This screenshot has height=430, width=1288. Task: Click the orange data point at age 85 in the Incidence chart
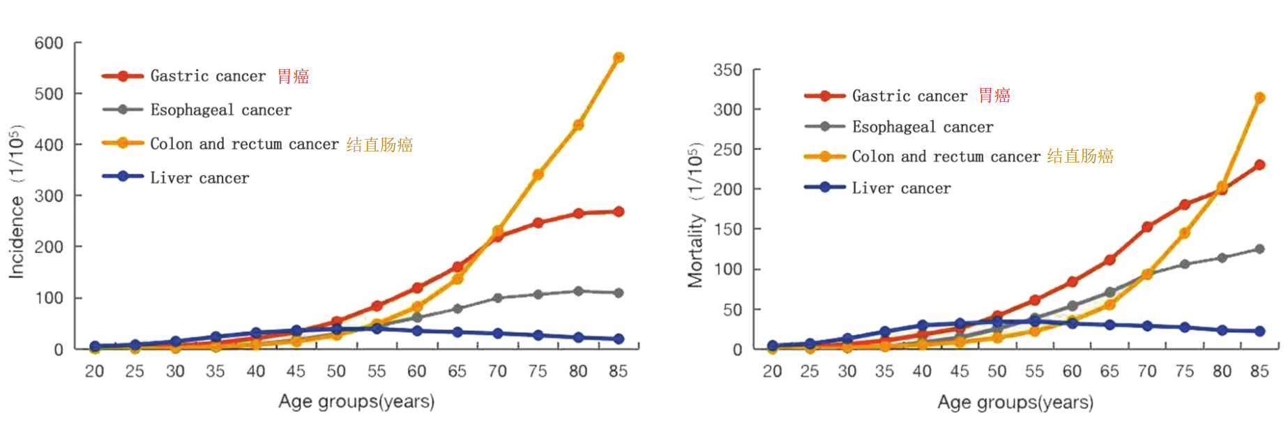click(618, 58)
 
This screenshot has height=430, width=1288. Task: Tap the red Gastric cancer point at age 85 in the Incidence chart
click(618, 212)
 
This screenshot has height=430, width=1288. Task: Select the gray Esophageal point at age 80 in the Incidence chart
click(578, 291)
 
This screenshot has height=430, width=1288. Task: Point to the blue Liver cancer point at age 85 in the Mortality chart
click(1259, 331)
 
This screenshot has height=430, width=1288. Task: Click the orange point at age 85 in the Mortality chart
click(1259, 98)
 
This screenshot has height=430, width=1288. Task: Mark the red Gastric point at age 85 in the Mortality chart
click(1259, 165)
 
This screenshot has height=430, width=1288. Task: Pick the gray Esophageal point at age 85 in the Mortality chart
click(1259, 249)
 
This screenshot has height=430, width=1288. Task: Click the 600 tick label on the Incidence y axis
click(49, 43)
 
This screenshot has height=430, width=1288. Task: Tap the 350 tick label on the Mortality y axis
click(727, 70)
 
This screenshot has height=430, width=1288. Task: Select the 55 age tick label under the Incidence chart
click(377, 371)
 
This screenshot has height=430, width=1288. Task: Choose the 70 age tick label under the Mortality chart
click(1147, 371)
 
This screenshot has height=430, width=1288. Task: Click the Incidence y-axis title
click(16, 202)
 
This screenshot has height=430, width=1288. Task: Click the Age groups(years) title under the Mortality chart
click(1015, 402)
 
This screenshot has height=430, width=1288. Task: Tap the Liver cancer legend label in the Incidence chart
click(199, 178)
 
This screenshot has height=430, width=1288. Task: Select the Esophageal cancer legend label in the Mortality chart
click(923, 127)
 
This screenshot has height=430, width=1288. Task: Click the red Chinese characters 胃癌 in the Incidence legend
click(293, 76)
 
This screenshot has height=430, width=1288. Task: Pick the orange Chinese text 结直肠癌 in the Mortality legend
click(1080, 156)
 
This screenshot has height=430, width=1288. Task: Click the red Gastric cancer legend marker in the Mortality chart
click(824, 96)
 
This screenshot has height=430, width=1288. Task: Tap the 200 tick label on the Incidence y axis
click(49, 247)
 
